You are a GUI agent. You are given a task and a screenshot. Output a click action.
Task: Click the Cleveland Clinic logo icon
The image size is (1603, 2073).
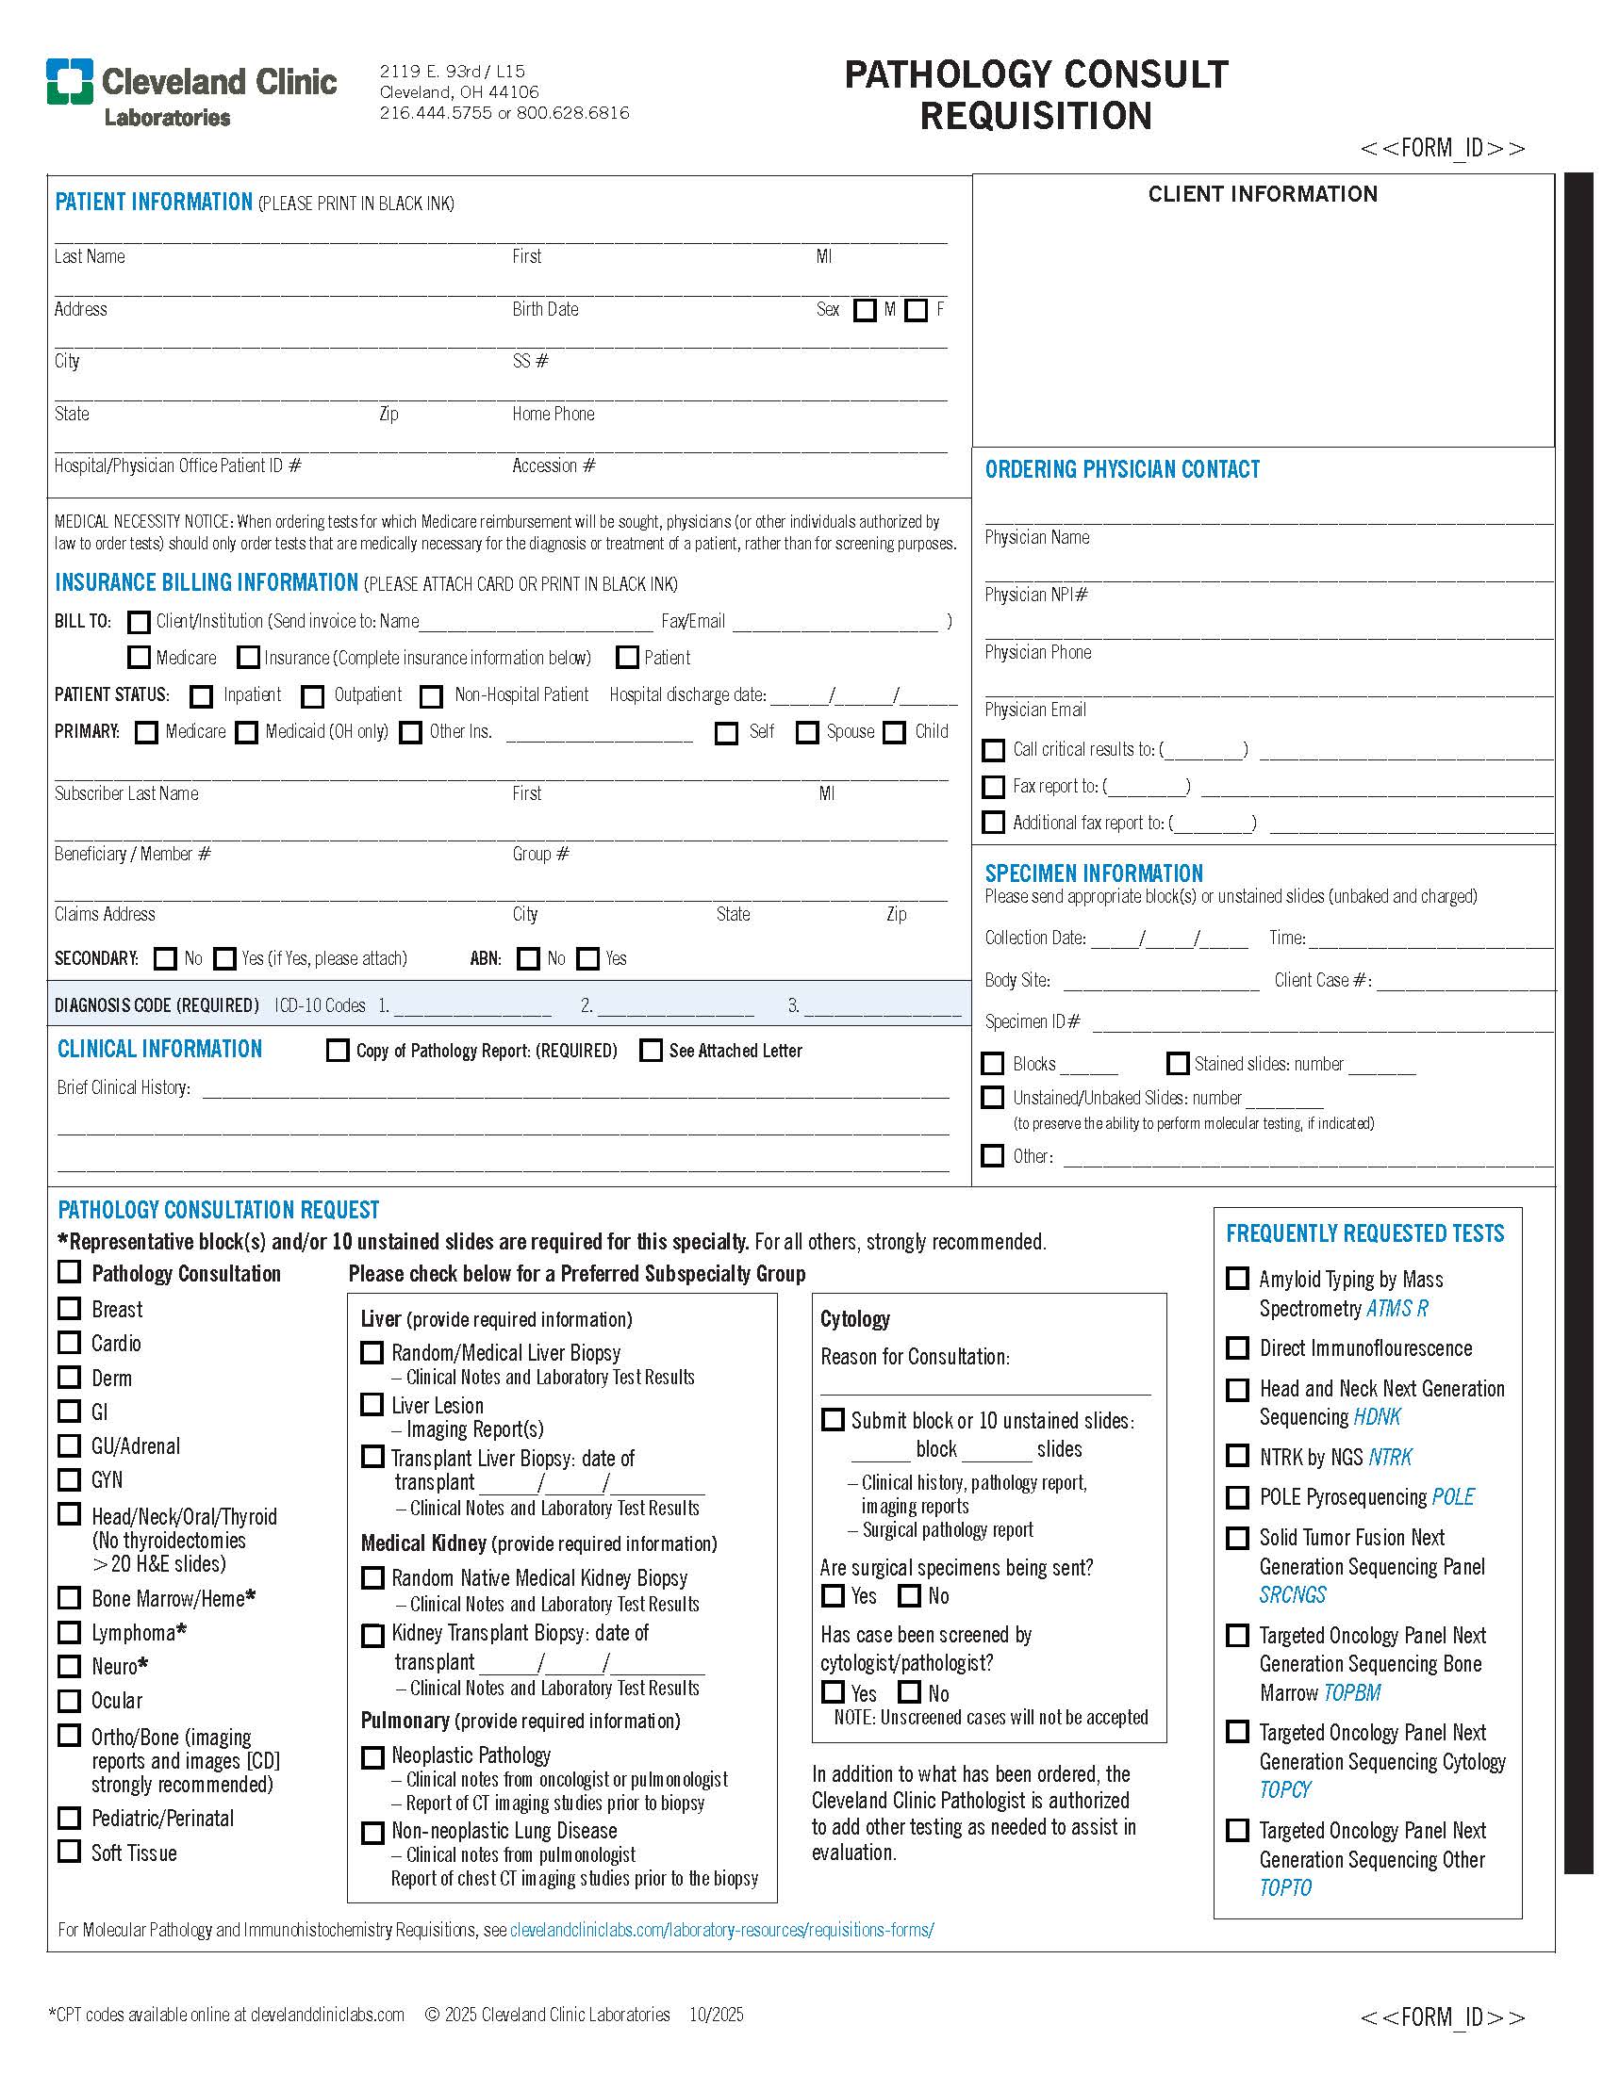[x=71, y=81]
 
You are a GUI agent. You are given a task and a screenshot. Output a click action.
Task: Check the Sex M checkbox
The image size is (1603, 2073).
[x=864, y=310]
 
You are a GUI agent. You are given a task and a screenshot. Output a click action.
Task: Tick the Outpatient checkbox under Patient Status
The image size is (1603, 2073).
[x=312, y=696]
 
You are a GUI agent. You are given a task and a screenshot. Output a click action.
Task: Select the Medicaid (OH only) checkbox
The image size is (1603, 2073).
[x=247, y=733]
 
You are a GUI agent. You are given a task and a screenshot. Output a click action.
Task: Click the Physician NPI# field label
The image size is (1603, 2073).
[x=1036, y=596]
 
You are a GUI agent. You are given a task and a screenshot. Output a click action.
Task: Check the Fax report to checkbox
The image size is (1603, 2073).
[x=993, y=787]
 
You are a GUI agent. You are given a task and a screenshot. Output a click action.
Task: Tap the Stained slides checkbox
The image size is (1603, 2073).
[x=1178, y=1064]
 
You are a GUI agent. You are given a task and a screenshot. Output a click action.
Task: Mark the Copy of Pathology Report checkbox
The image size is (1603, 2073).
[x=338, y=1051]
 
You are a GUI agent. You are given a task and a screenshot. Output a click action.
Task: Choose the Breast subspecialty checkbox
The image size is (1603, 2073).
[x=70, y=1309]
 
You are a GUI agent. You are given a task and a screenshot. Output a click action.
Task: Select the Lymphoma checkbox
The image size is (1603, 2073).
[x=70, y=1633]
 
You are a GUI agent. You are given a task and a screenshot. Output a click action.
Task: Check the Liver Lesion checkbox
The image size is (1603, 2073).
[x=372, y=1405]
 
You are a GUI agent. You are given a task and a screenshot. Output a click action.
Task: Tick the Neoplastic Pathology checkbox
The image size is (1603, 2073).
[x=372, y=1757]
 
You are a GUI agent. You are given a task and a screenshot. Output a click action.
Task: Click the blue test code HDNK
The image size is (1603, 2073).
[x=1377, y=1417]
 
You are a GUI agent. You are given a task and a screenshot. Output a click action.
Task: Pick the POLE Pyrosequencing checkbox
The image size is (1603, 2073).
[x=1237, y=1497]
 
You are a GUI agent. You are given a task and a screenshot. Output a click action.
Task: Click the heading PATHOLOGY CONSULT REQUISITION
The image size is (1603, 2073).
[x=1036, y=95]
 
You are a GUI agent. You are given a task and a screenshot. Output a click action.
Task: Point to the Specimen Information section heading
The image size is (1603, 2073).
[x=1093, y=873]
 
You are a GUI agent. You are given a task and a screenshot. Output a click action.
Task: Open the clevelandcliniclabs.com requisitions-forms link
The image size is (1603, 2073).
[x=721, y=1930]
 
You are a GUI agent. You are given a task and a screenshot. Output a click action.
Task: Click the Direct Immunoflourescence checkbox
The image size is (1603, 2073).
[x=1237, y=1347]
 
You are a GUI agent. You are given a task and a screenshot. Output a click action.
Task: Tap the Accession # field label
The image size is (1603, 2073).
[x=554, y=466]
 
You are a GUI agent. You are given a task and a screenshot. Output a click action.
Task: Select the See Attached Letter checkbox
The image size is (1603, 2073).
[x=651, y=1051]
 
